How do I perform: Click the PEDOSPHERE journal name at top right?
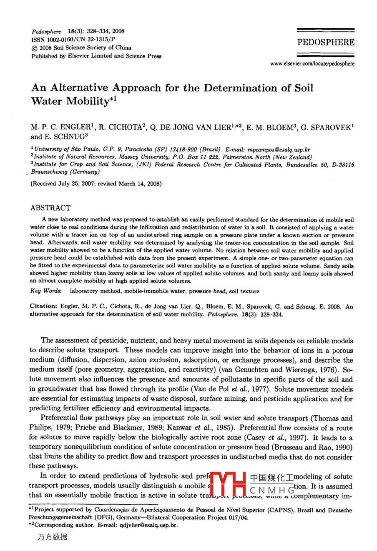pos(326,43)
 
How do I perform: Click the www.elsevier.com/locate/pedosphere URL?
pos(312,64)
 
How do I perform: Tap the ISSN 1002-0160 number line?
pos(73,39)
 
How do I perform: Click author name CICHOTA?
pos(118,127)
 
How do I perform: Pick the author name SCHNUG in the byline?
pos(68,136)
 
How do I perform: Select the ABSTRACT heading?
pos(50,208)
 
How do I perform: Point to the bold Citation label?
pos(44,306)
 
